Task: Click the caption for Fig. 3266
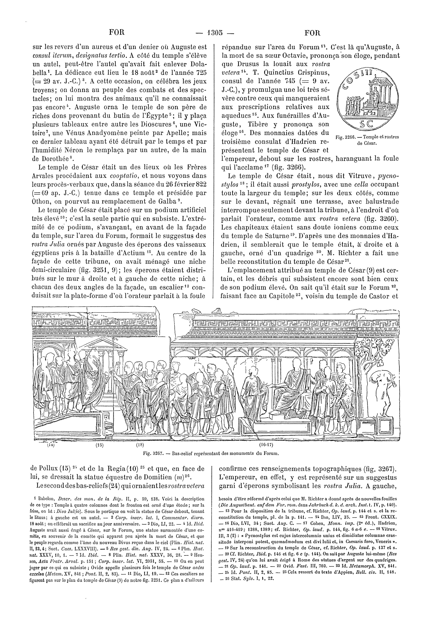pos(367,140)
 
